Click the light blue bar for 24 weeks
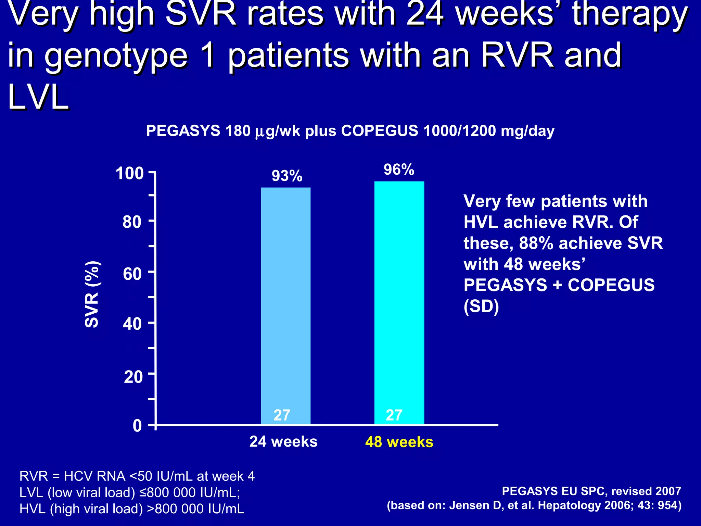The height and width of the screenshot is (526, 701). (x=285, y=301)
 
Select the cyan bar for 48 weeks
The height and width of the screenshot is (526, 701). (x=399, y=301)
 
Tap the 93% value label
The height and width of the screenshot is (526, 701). (x=287, y=176)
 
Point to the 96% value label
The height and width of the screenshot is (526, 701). (x=399, y=170)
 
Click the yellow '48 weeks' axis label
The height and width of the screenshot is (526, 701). (x=399, y=442)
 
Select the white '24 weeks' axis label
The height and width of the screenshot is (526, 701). (x=283, y=442)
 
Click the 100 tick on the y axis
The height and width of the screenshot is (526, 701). (x=130, y=174)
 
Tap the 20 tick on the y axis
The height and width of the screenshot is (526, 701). (x=133, y=377)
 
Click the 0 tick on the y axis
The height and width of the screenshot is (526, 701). (x=137, y=426)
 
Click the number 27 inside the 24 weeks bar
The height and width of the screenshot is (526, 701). (x=282, y=415)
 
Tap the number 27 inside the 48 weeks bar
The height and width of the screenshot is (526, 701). (x=394, y=415)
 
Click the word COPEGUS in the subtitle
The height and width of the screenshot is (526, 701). (x=380, y=131)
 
